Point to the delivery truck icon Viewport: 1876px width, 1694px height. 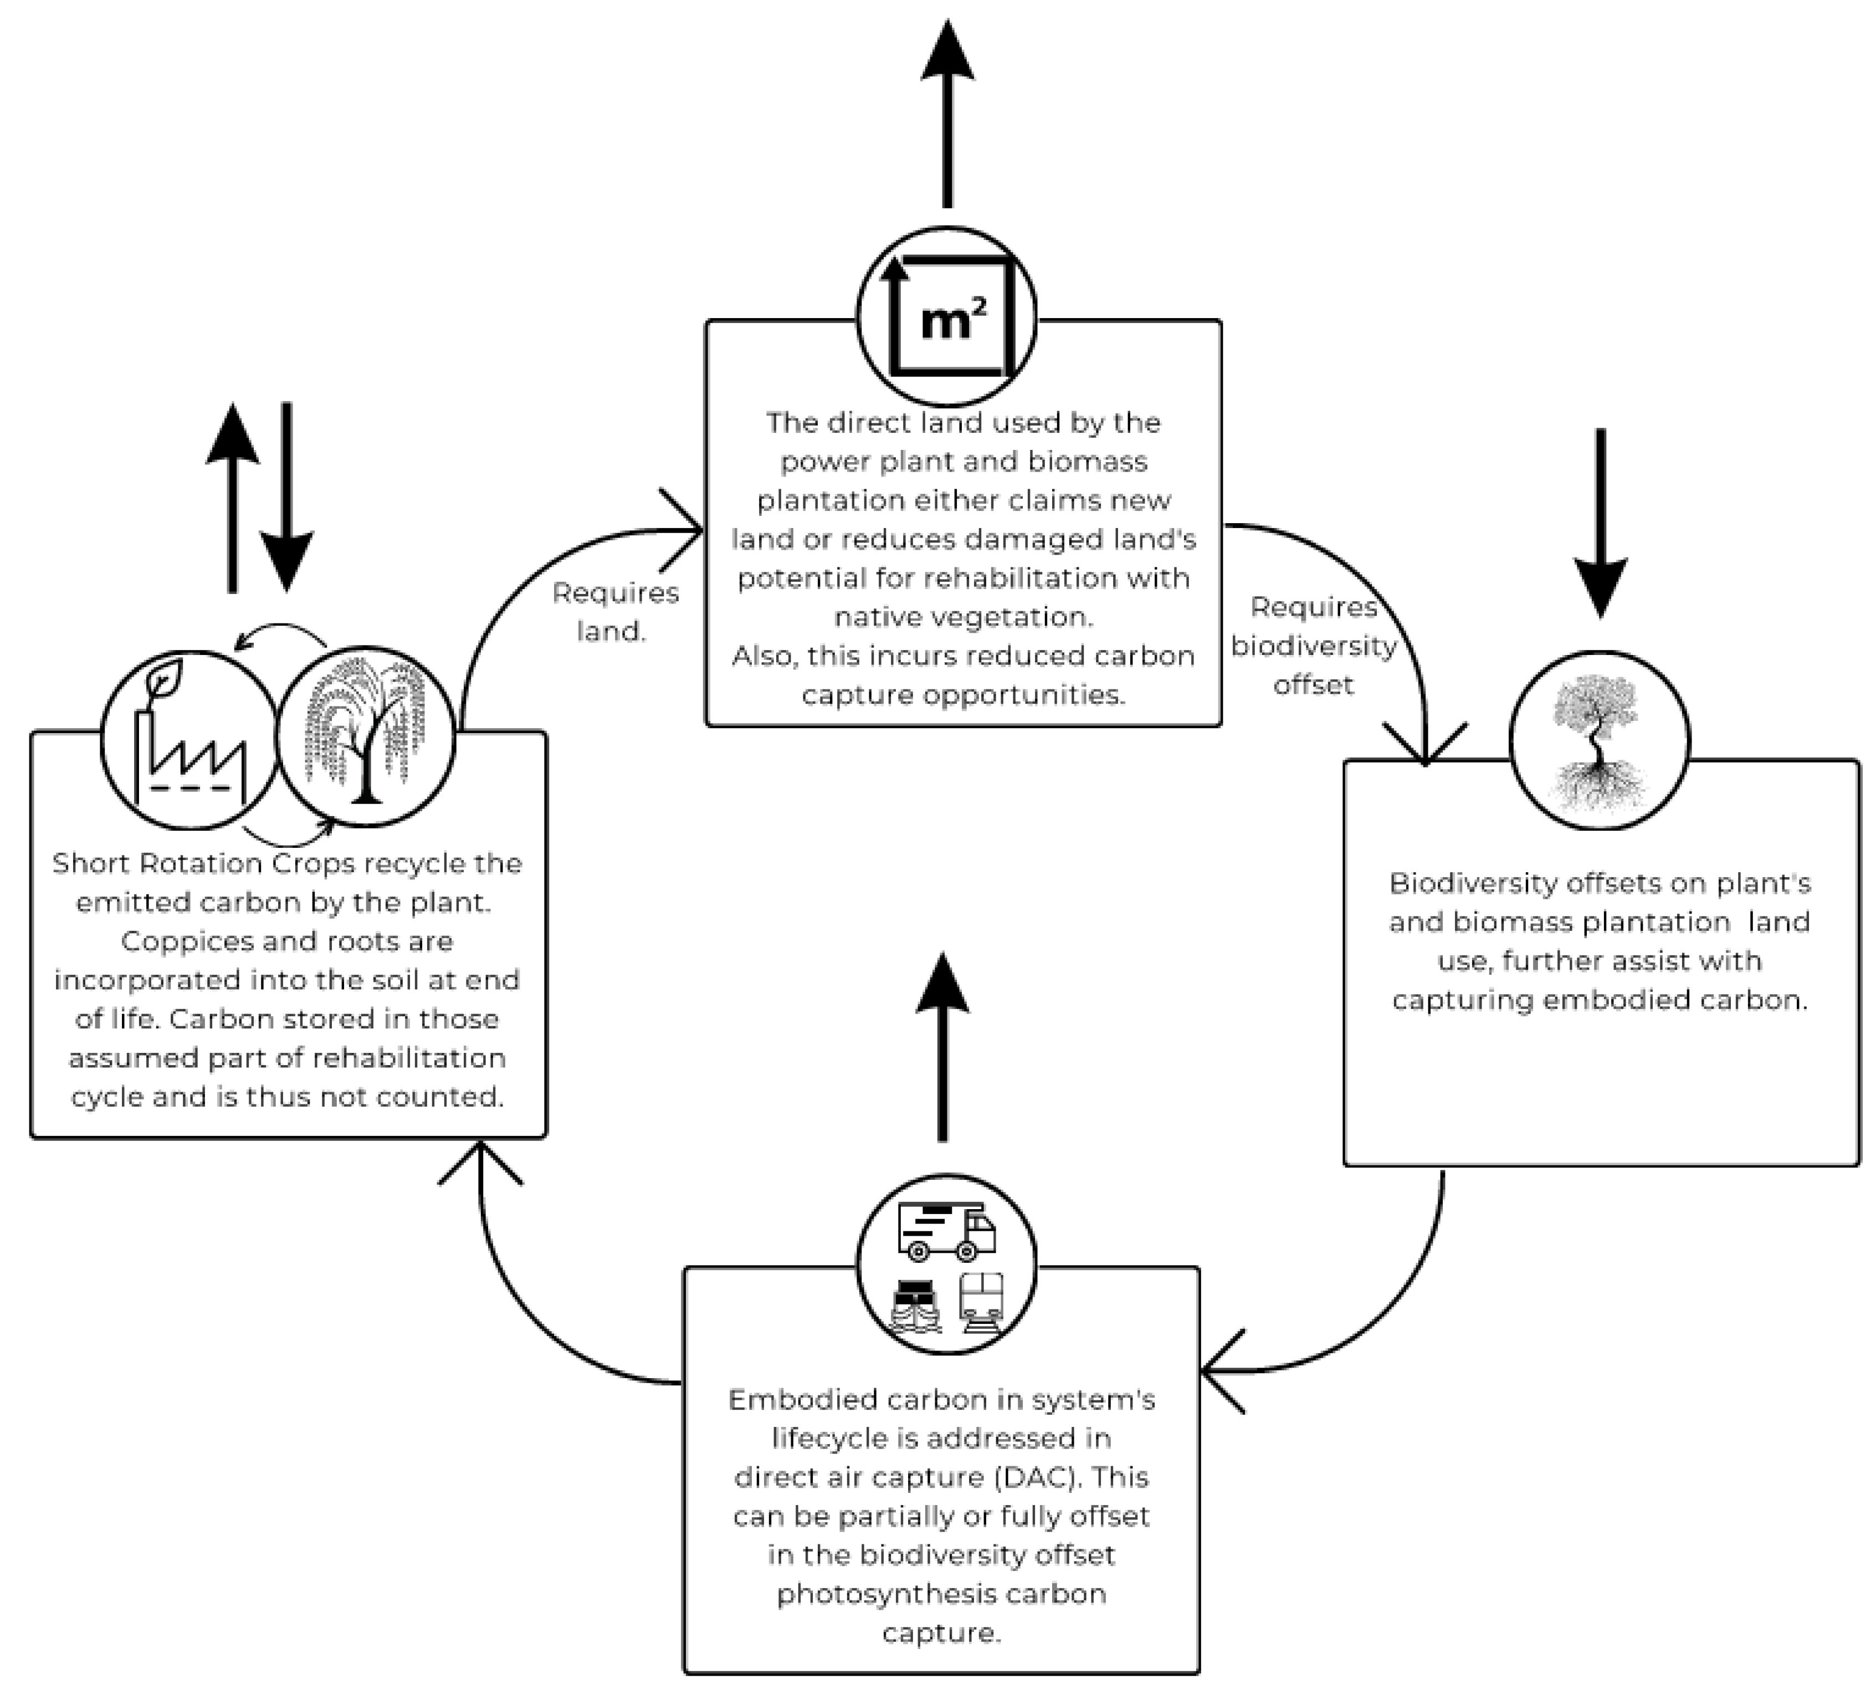pos(945,1231)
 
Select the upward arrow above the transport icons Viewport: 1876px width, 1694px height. pos(942,1047)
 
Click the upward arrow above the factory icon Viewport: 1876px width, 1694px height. pos(233,498)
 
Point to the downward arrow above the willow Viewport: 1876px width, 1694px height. pos(286,498)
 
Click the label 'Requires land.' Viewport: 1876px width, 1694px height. pos(615,612)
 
